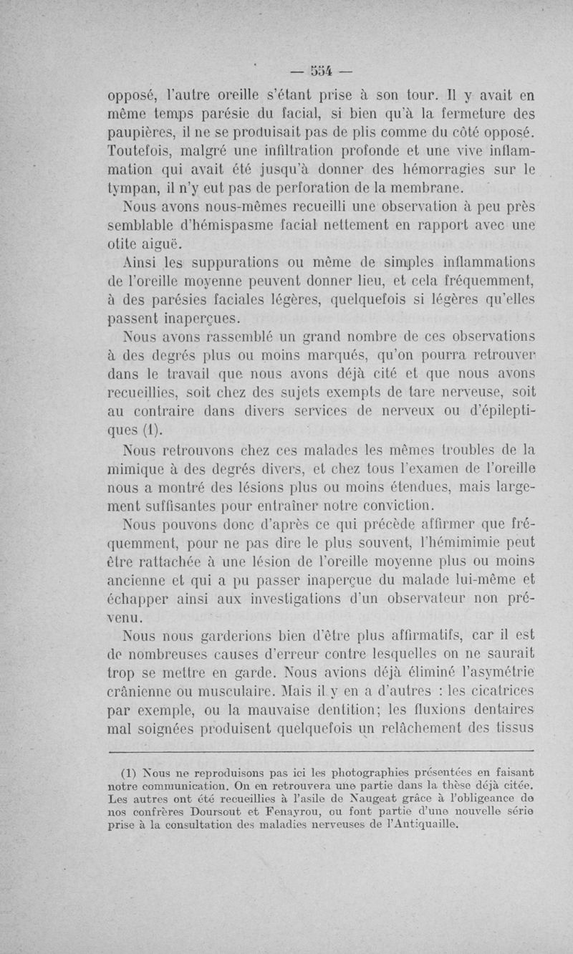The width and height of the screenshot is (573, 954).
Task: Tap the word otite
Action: (121, 244)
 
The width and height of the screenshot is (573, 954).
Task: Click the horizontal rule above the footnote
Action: (320, 750)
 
